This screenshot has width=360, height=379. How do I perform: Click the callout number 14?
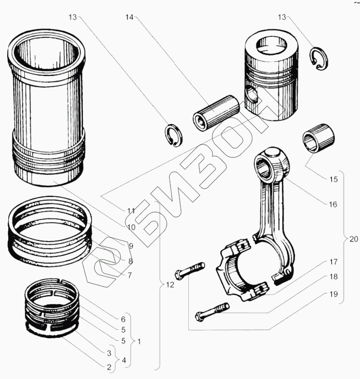pos(128,17)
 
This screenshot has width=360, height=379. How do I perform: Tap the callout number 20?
pos(353,239)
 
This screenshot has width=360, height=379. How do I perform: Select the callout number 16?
pos(333,204)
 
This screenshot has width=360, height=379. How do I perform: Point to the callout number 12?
pos(170,285)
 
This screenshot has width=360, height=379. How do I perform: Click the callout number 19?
pos(333,293)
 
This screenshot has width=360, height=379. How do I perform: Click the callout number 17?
pos(333,262)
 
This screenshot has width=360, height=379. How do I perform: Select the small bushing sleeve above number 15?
pos(318,138)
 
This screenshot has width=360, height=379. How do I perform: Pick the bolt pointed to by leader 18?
pos(211,312)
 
